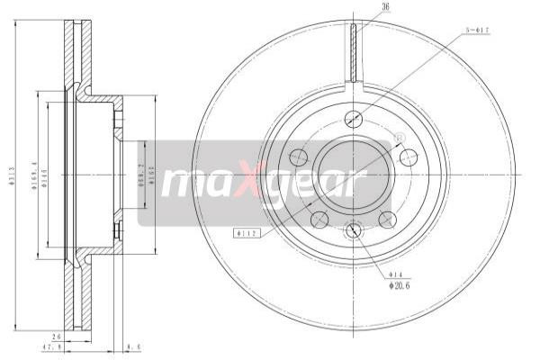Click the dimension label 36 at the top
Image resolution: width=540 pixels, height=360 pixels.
pyautogui.click(x=361, y=8)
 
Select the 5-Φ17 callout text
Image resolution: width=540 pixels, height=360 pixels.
pyautogui.click(x=476, y=30)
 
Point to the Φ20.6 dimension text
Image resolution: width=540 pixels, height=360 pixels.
pyautogui.click(x=400, y=287)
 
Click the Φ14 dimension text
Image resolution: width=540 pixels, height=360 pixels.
pyautogui.click(x=395, y=274)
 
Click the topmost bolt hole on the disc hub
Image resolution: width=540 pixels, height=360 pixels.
pyautogui.click(x=355, y=120)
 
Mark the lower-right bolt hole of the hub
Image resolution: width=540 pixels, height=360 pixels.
pyautogui.click(x=388, y=219)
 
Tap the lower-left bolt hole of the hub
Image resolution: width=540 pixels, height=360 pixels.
pyautogui.click(x=318, y=219)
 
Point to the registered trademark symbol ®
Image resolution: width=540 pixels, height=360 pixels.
pyautogui.click(x=400, y=138)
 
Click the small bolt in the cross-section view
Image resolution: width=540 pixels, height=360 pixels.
pyautogui.click(x=118, y=233)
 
